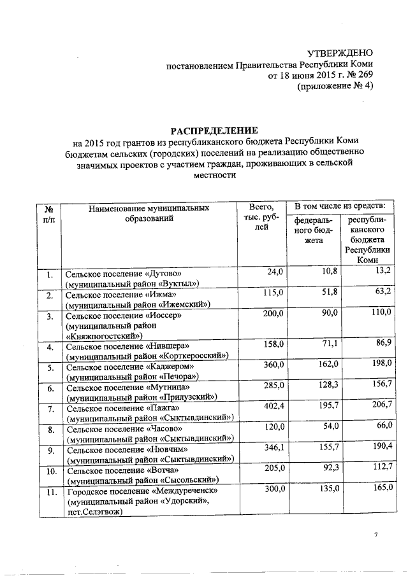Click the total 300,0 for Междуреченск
point(271,491)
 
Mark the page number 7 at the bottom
point(376,535)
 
